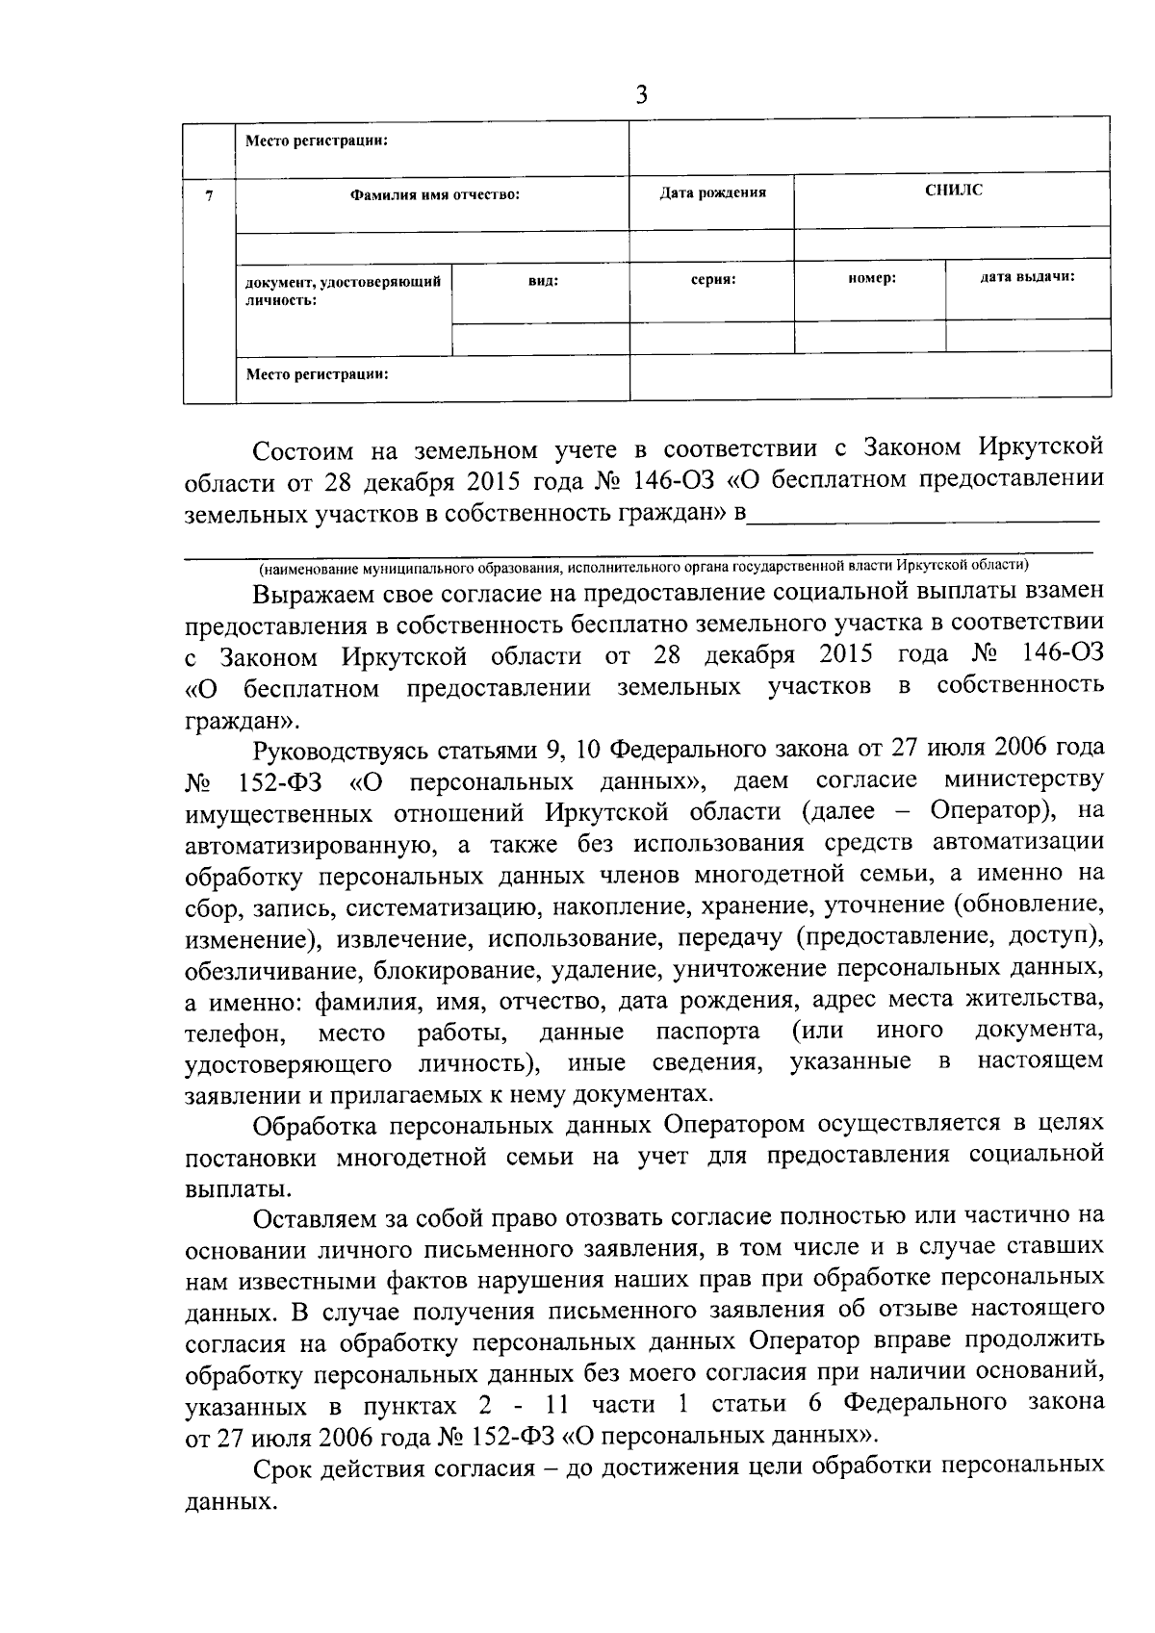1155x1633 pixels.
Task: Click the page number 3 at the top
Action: [642, 95]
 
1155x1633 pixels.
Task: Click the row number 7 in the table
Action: [209, 194]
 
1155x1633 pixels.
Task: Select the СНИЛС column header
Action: [953, 191]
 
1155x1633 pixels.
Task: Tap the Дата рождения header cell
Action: [712, 192]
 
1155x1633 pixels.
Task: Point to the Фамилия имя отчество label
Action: [434, 194]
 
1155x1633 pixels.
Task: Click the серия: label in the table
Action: [712, 278]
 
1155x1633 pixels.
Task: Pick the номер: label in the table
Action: [872, 277]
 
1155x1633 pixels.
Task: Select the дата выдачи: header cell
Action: [1027, 276]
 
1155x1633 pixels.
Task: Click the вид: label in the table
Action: [543, 280]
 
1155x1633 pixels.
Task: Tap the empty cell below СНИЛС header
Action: [953, 244]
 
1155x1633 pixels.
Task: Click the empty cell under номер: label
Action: [870, 336]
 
